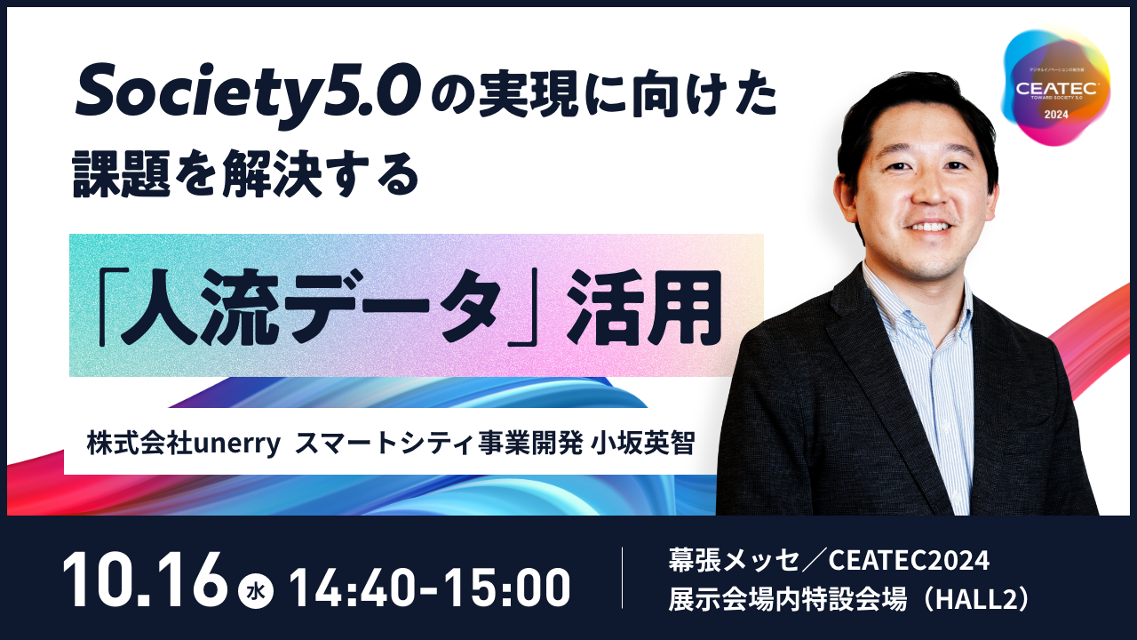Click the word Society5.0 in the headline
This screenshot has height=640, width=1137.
248,94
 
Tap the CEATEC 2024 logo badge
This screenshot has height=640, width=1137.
1056,87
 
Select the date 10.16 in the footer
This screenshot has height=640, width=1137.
145,580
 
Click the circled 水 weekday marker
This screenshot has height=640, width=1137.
256,591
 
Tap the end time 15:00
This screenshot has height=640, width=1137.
506,588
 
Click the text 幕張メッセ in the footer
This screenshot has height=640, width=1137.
734,561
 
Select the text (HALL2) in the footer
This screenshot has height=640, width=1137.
974,600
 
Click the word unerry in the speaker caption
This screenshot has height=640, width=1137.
237,444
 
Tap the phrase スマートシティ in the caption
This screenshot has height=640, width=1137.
385,444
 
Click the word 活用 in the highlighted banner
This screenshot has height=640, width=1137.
645,308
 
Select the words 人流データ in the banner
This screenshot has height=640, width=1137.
311,308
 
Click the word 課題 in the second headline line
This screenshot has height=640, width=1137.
122,173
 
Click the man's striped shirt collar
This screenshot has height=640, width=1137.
909,300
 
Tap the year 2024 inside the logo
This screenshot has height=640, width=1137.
1056,115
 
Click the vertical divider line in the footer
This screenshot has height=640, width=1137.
623,578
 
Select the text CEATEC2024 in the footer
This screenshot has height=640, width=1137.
909,561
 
